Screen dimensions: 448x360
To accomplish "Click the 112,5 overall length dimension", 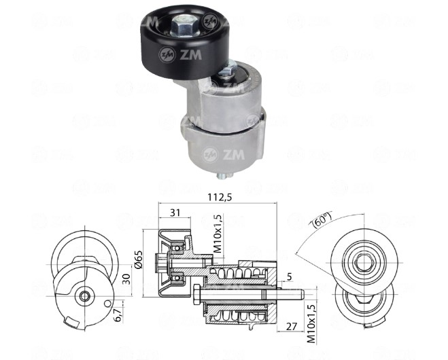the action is coord(219,197).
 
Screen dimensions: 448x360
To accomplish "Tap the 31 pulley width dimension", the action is coord(175,213).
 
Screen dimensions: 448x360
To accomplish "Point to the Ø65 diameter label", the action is coord(139,259).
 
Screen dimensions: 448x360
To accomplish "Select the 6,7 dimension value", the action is coord(118,314).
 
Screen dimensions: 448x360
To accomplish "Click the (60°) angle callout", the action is coord(322,219).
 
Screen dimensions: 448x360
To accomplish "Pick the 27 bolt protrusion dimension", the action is coord(292,326).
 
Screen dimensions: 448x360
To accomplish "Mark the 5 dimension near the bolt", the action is coord(289,276).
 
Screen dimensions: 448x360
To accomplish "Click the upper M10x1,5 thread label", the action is coord(218,234).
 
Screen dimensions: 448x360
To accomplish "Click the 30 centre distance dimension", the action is coord(126,279).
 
